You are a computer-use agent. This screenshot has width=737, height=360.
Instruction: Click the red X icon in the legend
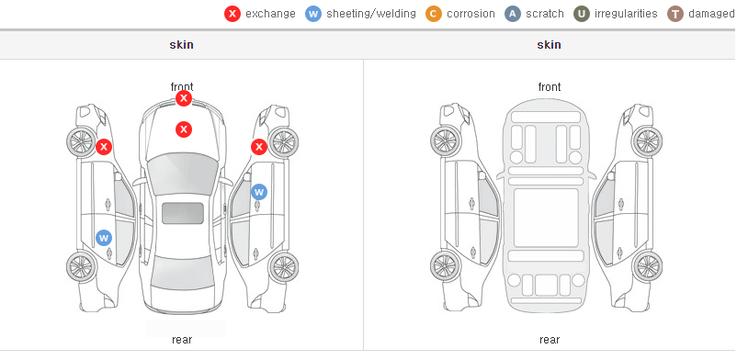tap(232, 14)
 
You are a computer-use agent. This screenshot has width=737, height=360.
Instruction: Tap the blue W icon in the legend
tap(313, 14)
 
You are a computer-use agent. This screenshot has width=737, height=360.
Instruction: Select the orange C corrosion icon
tap(434, 14)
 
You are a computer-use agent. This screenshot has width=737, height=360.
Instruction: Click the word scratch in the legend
tap(545, 14)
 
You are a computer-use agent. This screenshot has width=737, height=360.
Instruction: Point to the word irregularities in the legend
tap(626, 14)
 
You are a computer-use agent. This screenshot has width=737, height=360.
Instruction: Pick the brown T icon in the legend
tap(675, 14)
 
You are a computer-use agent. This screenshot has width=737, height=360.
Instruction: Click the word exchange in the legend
tap(270, 14)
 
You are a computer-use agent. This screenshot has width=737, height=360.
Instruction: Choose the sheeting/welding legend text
tap(371, 14)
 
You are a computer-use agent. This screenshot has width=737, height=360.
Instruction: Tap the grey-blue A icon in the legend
tap(513, 14)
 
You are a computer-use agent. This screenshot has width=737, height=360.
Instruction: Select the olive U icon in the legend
tap(582, 14)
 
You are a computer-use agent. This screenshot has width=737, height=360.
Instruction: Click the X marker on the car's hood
tap(184, 129)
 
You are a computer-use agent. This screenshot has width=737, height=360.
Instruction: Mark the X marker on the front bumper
tap(184, 98)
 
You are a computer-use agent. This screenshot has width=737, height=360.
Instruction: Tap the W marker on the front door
tap(259, 192)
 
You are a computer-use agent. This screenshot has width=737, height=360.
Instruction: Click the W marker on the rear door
tap(104, 237)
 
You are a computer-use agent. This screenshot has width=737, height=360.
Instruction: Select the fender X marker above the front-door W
tap(259, 147)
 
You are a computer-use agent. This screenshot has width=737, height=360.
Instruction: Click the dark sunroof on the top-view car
tap(183, 213)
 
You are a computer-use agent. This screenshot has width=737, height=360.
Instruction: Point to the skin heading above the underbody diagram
tap(549, 45)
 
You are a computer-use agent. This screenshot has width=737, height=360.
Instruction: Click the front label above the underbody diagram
tap(550, 87)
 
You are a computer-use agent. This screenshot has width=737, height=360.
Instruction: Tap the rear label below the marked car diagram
tap(182, 340)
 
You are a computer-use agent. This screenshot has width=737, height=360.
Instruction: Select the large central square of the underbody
tap(546, 218)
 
